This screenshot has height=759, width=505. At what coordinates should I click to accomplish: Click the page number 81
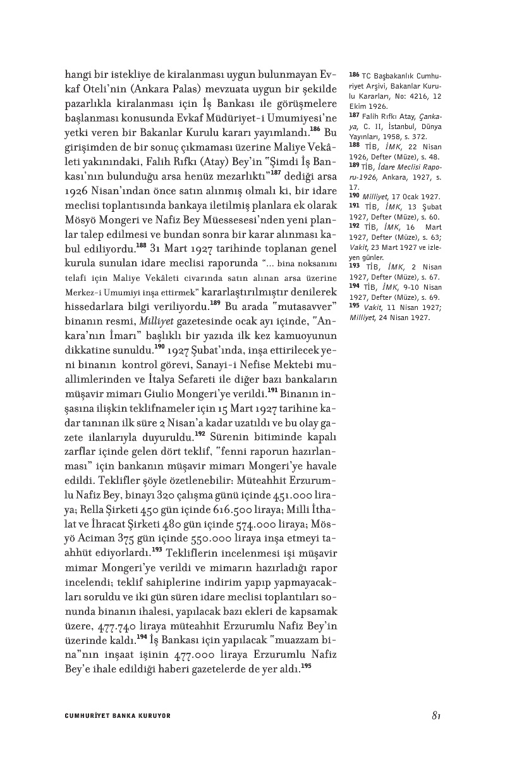click(435, 715)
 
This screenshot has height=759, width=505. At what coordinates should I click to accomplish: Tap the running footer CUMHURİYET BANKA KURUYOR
click(118, 716)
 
